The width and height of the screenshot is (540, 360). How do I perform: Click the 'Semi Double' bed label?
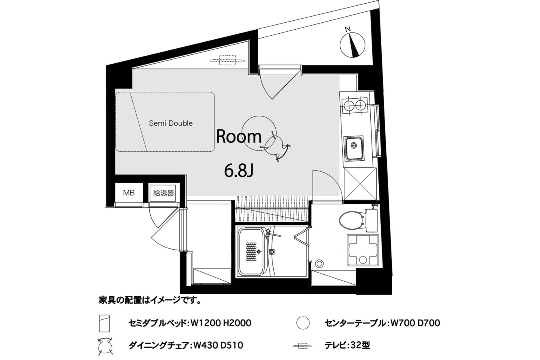pyautogui.click(x=171, y=123)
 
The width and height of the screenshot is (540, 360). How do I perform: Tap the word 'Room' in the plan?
pyautogui.click(x=239, y=136)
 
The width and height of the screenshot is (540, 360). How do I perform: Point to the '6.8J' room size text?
pyautogui.click(x=238, y=171)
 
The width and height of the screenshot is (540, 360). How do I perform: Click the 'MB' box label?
pyautogui.click(x=129, y=193)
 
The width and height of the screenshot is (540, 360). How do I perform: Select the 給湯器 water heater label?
pyautogui.click(x=164, y=193)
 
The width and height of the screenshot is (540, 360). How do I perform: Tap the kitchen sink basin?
pyautogui.click(x=354, y=149)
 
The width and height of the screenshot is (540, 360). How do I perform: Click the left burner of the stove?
pyautogui.click(x=349, y=105)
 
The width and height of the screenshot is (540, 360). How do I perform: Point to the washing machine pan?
pyautogui.click(x=363, y=250)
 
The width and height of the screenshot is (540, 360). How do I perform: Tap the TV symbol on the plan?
pyautogui.click(x=227, y=60)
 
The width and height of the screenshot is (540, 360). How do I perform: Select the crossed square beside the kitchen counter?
pyautogui.click(x=360, y=183)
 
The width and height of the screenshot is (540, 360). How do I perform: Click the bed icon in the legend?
pyautogui.click(x=105, y=323)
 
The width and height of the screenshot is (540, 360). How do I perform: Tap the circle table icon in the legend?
pyautogui.click(x=303, y=323)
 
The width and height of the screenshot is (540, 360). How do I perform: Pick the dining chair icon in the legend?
pyautogui.click(x=105, y=346)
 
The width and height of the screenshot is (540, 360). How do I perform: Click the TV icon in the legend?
pyautogui.click(x=303, y=346)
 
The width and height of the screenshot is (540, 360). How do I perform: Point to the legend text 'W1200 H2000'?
pyautogui.click(x=221, y=323)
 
